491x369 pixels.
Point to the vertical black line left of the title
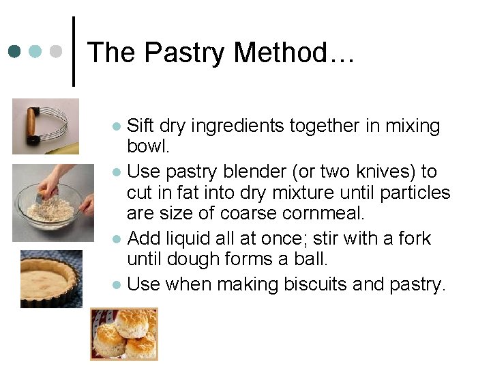pyautogui.click(x=74, y=51)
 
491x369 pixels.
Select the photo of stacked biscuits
pyautogui.click(x=123, y=333)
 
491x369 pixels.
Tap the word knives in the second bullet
pyautogui.click(x=385, y=172)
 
